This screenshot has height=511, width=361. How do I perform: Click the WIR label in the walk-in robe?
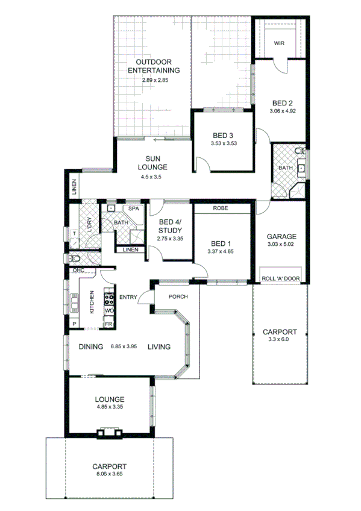coord(279,43)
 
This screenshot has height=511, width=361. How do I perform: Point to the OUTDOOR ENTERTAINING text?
coord(155,66)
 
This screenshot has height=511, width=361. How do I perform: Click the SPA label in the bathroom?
coord(134,208)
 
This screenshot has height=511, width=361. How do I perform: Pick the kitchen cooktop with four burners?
coord(110,297)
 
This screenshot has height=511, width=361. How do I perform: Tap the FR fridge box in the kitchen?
coord(109,324)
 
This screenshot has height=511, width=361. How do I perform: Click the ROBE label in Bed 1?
coord(219,208)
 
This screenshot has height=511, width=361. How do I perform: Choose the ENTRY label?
coord(128,296)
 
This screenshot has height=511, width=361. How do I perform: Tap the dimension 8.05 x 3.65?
coord(108,475)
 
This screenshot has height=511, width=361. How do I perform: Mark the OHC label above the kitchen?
coord(78,271)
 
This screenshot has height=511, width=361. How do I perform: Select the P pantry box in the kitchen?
coord(74,324)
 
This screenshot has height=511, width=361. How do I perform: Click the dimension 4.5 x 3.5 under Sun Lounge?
coord(152,177)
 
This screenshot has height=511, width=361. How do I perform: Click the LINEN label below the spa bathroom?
coord(130,250)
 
